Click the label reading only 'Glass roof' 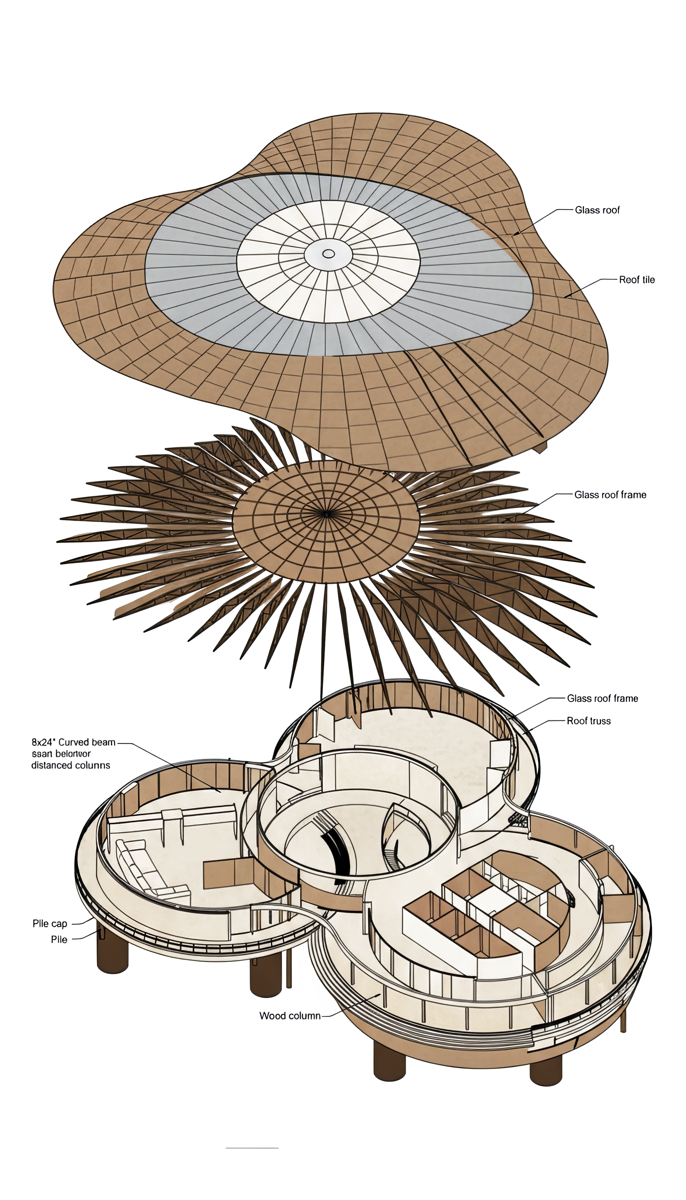[597, 210]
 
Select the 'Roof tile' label [637, 280]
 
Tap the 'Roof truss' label [589, 721]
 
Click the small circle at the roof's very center [328, 254]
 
